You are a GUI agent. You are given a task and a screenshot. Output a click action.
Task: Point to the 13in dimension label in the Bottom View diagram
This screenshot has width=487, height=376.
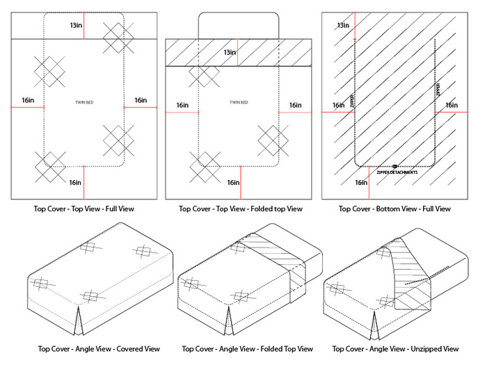tap(343, 26)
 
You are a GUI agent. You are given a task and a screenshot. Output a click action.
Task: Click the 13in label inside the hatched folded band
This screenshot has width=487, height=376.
tap(229, 53)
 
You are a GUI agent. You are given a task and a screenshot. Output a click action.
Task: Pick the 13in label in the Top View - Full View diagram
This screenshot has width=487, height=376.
tap(76, 25)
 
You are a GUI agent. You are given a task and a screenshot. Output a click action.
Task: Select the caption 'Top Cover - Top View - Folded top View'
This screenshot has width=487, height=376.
tap(240, 209)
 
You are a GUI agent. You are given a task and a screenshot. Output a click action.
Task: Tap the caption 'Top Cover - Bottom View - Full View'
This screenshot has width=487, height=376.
tap(394, 209)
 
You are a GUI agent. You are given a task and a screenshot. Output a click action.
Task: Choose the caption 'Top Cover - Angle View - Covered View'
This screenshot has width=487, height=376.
tap(88, 349)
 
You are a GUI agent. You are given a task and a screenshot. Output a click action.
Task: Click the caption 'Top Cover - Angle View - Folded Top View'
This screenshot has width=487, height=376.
tap(247, 349)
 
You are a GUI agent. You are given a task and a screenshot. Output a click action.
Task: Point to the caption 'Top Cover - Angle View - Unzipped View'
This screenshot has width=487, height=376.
tap(395, 349)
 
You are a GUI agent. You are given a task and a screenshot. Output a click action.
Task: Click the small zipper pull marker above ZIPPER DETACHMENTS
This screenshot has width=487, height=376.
tap(395, 166)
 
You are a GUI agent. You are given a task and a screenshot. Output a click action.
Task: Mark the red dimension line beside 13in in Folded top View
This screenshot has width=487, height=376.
tap(239, 53)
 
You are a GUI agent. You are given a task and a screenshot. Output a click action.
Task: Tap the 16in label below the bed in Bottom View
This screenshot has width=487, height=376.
tap(361, 183)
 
